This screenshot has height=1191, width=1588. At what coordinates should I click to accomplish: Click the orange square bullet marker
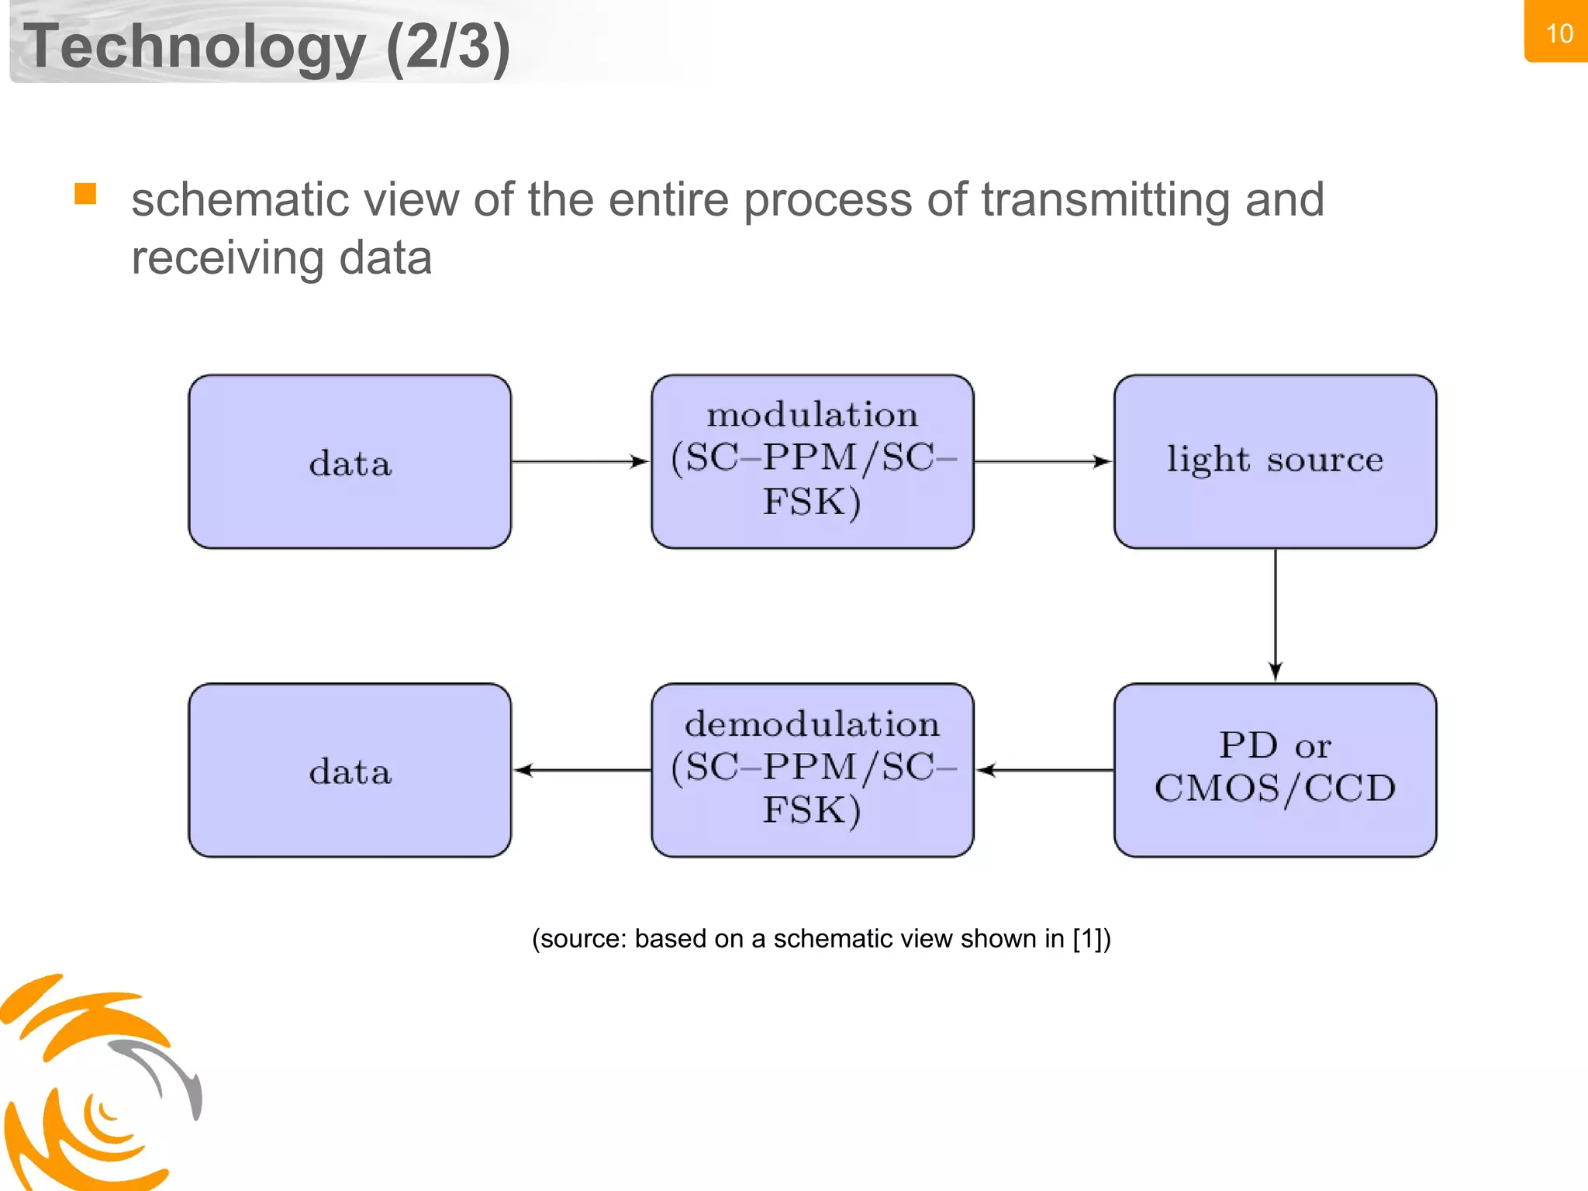pos(85,193)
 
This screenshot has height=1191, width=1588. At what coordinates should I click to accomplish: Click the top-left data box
pos(350,462)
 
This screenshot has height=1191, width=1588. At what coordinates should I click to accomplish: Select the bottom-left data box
pos(350,770)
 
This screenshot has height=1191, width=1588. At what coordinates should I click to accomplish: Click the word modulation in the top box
pos(812,415)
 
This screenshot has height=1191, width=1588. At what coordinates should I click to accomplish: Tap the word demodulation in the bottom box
pos(812,724)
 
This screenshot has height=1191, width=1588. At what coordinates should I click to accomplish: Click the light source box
pos(1275,462)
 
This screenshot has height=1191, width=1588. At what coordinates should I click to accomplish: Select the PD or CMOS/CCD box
pos(1275,770)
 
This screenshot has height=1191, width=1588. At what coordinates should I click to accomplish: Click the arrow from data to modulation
pos(580,462)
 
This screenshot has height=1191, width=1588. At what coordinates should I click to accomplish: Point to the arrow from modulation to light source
pos(1043,462)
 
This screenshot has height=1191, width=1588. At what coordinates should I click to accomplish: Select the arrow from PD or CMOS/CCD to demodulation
pos(1044,770)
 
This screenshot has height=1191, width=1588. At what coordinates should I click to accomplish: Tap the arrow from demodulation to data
pos(582,770)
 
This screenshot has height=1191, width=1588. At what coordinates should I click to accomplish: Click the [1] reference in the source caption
pos(1088,939)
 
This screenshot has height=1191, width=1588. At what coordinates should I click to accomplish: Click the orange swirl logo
pos(93,1086)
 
